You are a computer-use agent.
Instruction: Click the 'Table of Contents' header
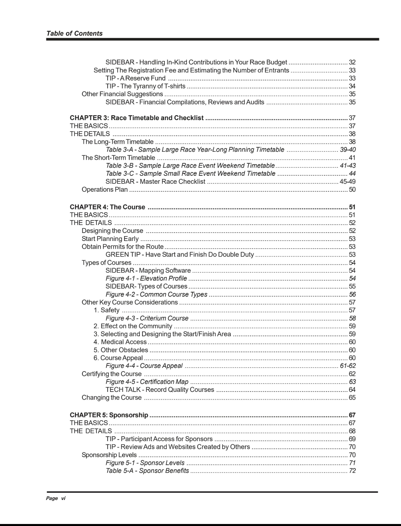tap(74, 34)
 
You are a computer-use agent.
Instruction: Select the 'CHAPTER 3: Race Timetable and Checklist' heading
tap(136, 118)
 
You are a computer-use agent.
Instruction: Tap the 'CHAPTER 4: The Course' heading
tap(107, 207)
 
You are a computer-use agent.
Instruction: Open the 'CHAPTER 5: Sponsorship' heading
tap(109, 415)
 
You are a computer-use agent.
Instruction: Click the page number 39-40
tap(347, 150)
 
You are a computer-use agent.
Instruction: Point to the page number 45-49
tap(347, 181)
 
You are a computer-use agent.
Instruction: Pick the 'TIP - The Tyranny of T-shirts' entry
tap(145, 86)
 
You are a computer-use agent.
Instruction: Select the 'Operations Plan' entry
tap(104, 189)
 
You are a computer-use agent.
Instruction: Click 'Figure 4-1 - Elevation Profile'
tap(146, 278)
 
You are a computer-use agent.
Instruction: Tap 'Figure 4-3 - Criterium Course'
tap(147, 318)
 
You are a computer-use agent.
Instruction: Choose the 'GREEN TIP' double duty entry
tap(179, 255)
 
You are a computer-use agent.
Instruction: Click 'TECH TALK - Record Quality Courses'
tap(160, 389)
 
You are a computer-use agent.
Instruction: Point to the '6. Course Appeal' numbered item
tap(118, 358)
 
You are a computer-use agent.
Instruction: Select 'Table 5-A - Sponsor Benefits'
tap(147, 471)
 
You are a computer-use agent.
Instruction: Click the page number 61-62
tap(347, 366)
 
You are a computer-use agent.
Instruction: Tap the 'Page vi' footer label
tap(56, 498)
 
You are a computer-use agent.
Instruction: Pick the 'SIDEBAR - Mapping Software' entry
tap(148, 271)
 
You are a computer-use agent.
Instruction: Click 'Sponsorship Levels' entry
tap(109, 455)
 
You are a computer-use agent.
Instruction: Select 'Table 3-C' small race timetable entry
tap(190, 173)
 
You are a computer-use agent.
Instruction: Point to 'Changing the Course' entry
tap(112, 398)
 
